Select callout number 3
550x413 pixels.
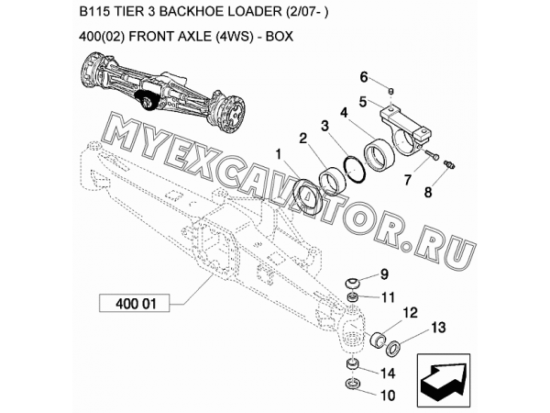pyautogui.click(x=324, y=126)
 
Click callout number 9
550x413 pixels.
pyautogui.click(x=384, y=273)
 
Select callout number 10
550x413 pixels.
pyautogui.click(x=385, y=396)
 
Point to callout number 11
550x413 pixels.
pyautogui.click(x=387, y=296)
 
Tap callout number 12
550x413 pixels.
pyautogui.click(x=409, y=312)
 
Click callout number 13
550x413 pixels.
pyautogui.click(x=437, y=328)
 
